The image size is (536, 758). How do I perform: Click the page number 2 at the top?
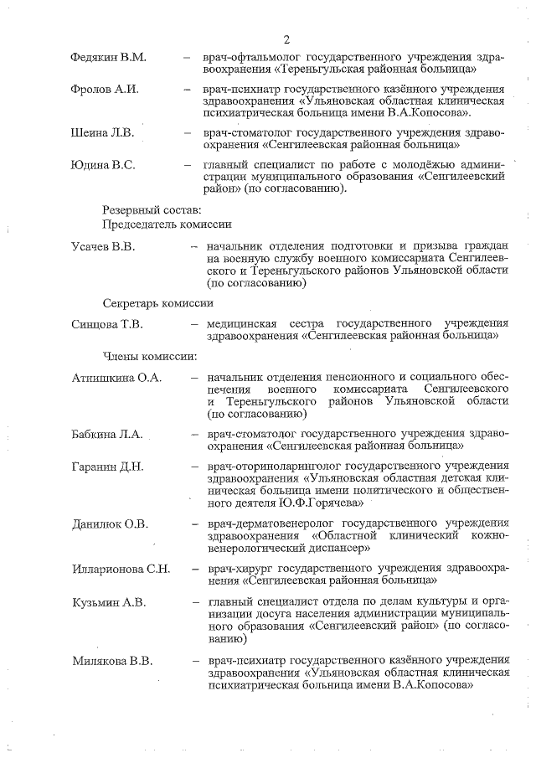pyautogui.click(x=286, y=39)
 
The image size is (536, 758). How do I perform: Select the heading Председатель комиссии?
pyautogui.click(x=167, y=224)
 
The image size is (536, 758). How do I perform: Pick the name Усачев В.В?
pyautogui.click(x=105, y=246)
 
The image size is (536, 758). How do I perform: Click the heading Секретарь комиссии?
pyautogui.click(x=157, y=302)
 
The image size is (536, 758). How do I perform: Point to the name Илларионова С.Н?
pyautogui.click(x=121, y=570)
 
